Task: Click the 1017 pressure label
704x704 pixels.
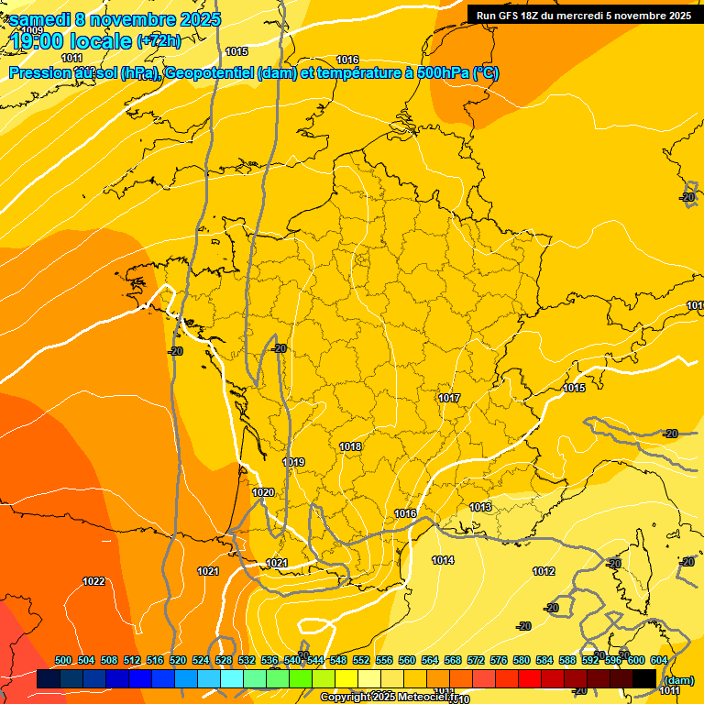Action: pyautogui.click(x=449, y=398)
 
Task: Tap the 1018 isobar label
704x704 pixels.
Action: pyautogui.click(x=350, y=446)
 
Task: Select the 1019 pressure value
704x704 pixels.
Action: pyautogui.click(x=293, y=462)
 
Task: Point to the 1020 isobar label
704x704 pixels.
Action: pyautogui.click(x=263, y=492)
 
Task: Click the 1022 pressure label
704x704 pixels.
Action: pyautogui.click(x=93, y=581)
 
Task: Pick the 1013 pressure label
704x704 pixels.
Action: pyautogui.click(x=481, y=507)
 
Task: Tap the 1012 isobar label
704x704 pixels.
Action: pyautogui.click(x=544, y=571)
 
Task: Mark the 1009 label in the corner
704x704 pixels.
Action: pyautogui.click(x=31, y=30)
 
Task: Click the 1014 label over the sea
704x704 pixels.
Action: pyautogui.click(x=443, y=560)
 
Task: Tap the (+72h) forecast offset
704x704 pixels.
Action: pyautogui.click(x=159, y=41)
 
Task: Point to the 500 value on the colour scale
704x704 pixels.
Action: pyautogui.click(x=63, y=660)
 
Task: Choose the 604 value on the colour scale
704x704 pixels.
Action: pyautogui.click(x=659, y=660)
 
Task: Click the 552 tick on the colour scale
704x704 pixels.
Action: pyautogui.click(x=361, y=660)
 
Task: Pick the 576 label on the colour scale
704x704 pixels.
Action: pyautogui.click(x=499, y=660)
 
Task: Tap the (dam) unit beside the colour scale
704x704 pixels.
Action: pyautogui.click(x=678, y=679)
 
